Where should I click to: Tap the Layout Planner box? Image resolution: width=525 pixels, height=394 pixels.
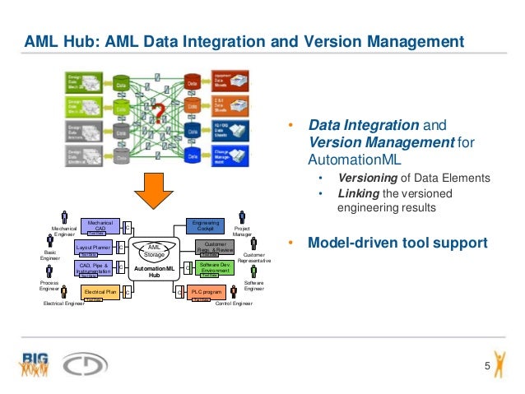[93, 247]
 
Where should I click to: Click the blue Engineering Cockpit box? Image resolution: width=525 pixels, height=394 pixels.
[206, 225]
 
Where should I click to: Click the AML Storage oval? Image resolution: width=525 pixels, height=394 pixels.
[154, 250]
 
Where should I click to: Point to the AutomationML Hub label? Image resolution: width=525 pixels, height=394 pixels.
[154, 272]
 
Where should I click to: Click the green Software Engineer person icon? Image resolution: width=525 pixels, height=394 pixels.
[254, 270]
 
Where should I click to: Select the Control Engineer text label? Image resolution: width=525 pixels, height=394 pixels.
[233, 304]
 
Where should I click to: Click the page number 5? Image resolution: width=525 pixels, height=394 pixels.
[486, 366]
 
